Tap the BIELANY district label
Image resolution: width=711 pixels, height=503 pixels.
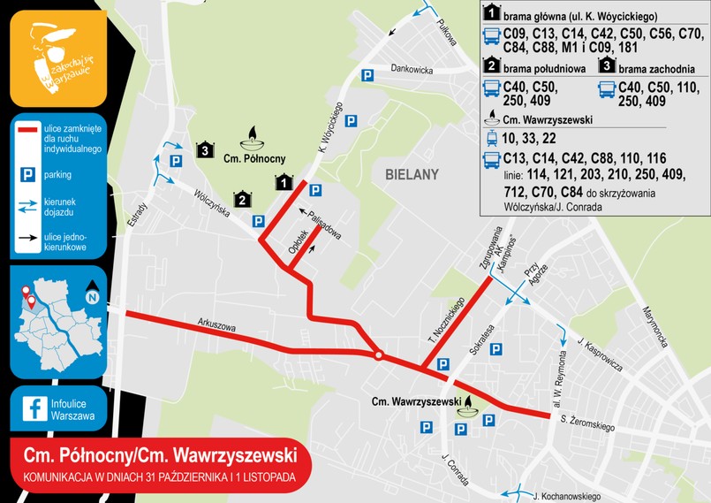[412, 175]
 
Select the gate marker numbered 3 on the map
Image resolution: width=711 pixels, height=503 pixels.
[205, 149]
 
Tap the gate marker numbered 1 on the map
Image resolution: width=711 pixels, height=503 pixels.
[284, 183]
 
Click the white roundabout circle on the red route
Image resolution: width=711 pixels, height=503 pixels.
[378, 356]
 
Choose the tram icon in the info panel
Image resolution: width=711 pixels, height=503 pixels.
[491, 137]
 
